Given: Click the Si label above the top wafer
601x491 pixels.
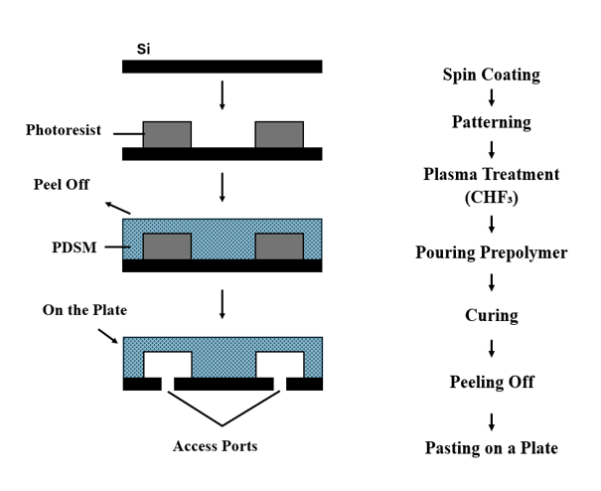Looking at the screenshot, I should [x=143, y=48].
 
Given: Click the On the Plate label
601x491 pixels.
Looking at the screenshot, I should [x=84, y=310].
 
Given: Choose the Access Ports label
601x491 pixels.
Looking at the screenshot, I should [x=215, y=446].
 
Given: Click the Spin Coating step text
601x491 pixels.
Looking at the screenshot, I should [x=491, y=76].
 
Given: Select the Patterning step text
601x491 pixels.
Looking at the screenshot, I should [x=491, y=123].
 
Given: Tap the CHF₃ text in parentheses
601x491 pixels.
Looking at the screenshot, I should [x=491, y=197].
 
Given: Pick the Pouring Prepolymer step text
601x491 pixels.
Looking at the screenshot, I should [x=491, y=252].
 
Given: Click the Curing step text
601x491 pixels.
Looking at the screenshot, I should [x=491, y=315].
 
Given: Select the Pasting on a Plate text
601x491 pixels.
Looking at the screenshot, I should [x=491, y=447].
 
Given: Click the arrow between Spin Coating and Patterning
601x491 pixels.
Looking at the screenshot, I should [x=491, y=98].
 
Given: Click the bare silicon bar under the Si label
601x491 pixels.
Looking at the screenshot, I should [x=222, y=67].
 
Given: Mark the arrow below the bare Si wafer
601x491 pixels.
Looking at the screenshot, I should [x=222, y=94].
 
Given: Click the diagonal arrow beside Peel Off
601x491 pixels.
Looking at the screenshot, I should [x=116, y=207].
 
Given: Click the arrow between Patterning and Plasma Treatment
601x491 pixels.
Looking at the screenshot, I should [x=491, y=149].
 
